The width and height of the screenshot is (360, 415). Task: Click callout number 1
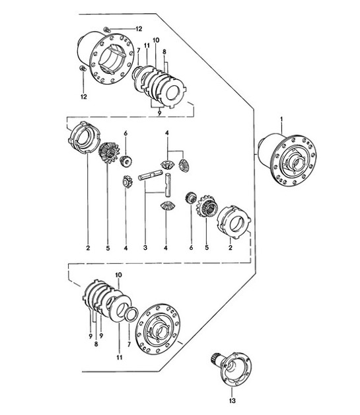point(281,119)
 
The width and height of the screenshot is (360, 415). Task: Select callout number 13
point(231,400)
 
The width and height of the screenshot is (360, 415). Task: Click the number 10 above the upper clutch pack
point(156,40)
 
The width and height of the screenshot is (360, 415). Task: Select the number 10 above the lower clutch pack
point(118,274)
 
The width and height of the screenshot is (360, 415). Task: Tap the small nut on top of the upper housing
point(106,28)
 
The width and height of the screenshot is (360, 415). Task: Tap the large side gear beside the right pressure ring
point(207,207)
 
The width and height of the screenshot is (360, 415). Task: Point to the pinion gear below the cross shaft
point(166,207)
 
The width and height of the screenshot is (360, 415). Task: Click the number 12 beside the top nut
point(138,28)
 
